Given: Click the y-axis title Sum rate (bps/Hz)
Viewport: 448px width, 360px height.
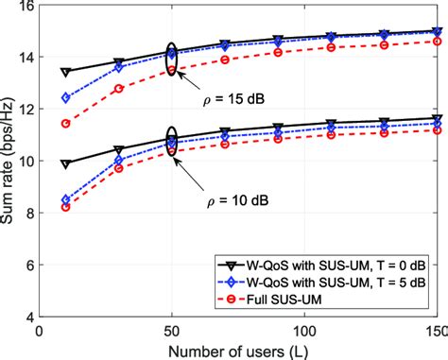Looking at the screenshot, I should coord(9,161).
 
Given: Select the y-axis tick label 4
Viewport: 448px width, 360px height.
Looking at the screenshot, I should coord(27,317).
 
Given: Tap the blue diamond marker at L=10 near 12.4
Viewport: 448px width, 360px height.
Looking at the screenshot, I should coord(65,97).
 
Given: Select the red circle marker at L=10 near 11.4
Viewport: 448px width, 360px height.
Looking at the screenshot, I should coord(65,123).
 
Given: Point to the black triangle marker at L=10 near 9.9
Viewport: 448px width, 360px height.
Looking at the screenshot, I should coord(65,164).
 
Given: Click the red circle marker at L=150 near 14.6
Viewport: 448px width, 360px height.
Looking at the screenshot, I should coord(436,42).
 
